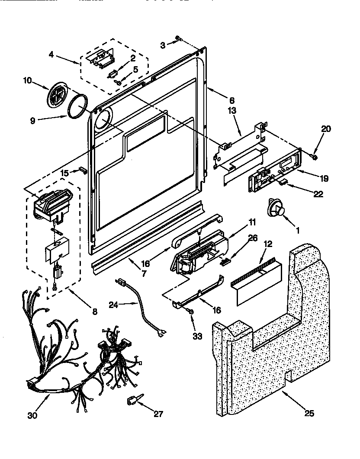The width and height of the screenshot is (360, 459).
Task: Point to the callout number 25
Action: point(309,414)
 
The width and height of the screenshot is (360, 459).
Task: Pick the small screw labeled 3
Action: point(178,40)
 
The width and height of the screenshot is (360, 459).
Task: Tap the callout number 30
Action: point(32,416)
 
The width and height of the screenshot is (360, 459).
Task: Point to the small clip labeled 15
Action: point(83,170)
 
